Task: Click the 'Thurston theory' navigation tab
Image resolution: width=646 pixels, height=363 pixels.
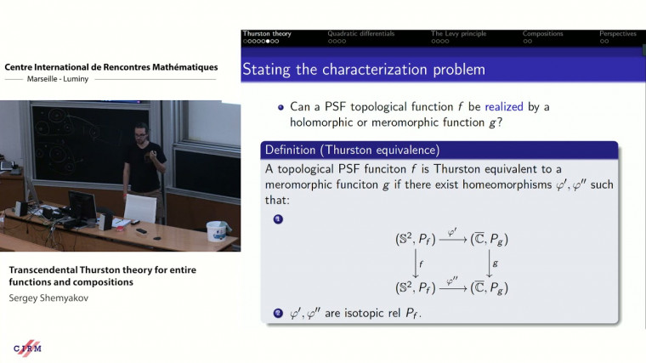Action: click(x=267, y=34)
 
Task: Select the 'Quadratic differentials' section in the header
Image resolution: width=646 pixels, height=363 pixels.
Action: click(x=361, y=34)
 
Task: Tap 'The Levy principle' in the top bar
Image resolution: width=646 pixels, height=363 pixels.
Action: click(x=460, y=34)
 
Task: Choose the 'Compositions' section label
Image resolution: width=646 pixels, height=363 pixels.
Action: click(x=542, y=34)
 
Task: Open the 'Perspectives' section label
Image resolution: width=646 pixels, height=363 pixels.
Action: click(x=617, y=34)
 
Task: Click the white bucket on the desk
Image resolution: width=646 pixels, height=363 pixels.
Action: click(x=218, y=230)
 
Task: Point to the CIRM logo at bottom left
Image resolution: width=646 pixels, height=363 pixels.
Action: click(x=27, y=349)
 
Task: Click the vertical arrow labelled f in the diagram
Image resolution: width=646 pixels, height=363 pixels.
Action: click(x=416, y=264)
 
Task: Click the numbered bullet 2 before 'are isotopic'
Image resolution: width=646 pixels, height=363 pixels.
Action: click(x=277, y=314)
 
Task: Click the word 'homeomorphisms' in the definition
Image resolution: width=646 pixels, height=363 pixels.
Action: click(x=486, y=184)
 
